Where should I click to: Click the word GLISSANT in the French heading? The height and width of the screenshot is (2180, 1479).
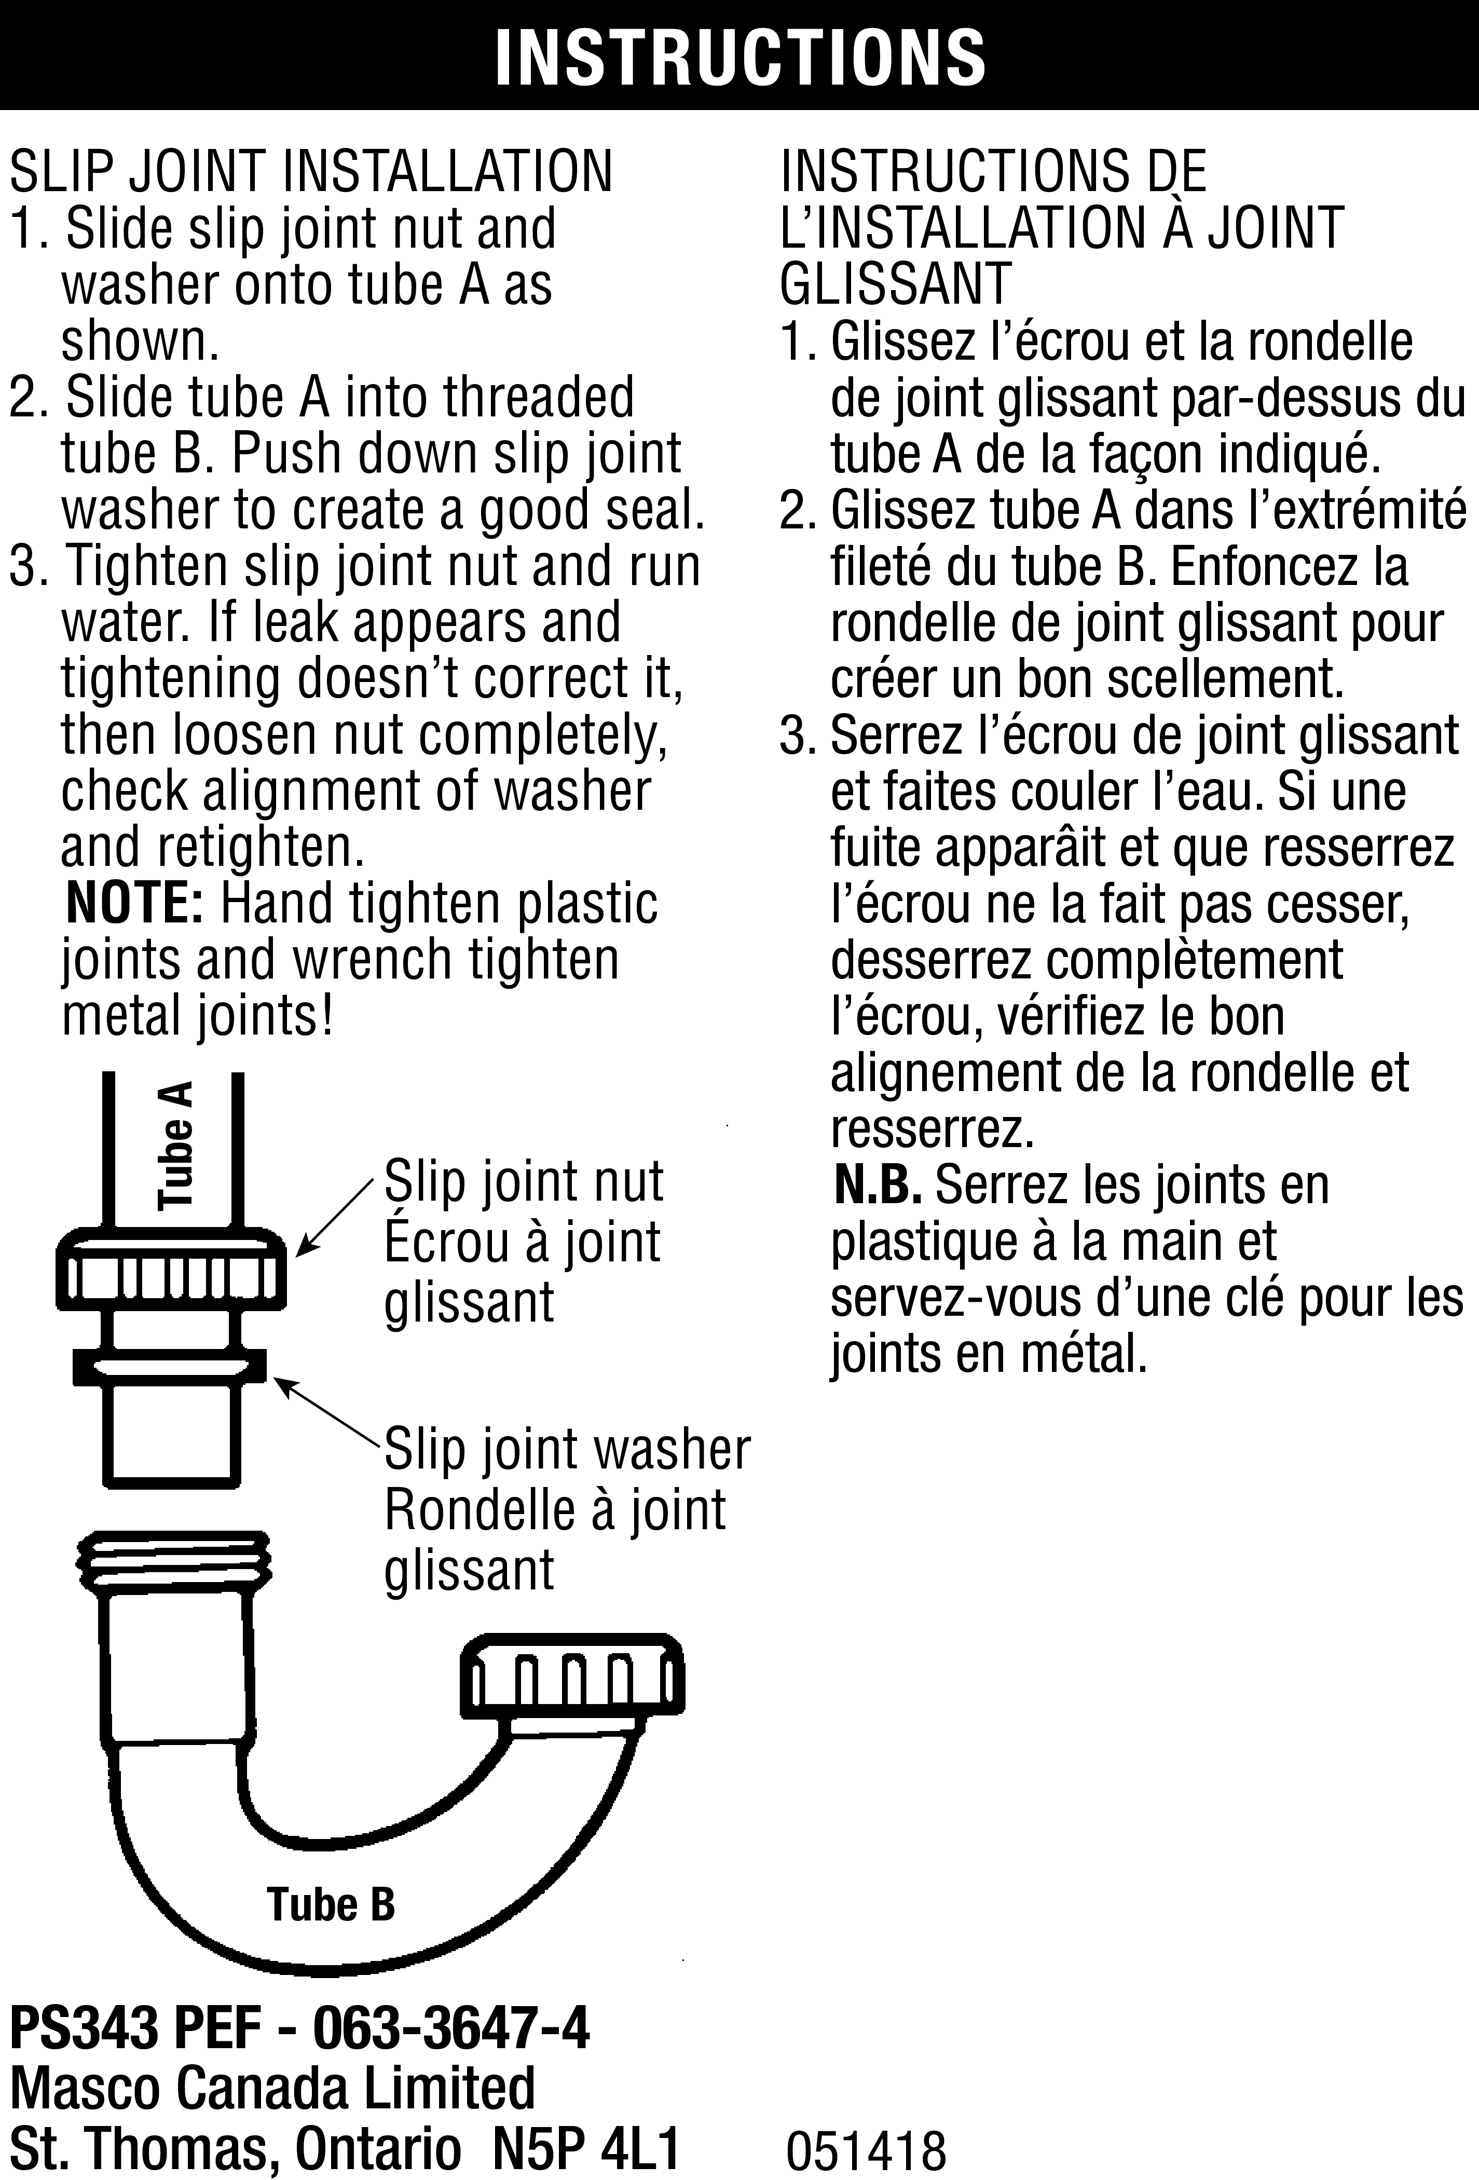[896, 284]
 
